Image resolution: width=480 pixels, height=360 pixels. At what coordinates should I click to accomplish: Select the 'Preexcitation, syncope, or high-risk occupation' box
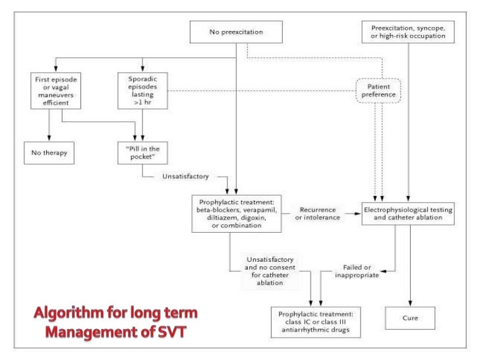coord(409,32)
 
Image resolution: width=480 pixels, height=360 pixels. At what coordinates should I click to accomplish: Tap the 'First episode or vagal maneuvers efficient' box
coord(51,90)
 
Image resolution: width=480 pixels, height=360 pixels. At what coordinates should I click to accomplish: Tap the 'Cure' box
coord(411,318)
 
